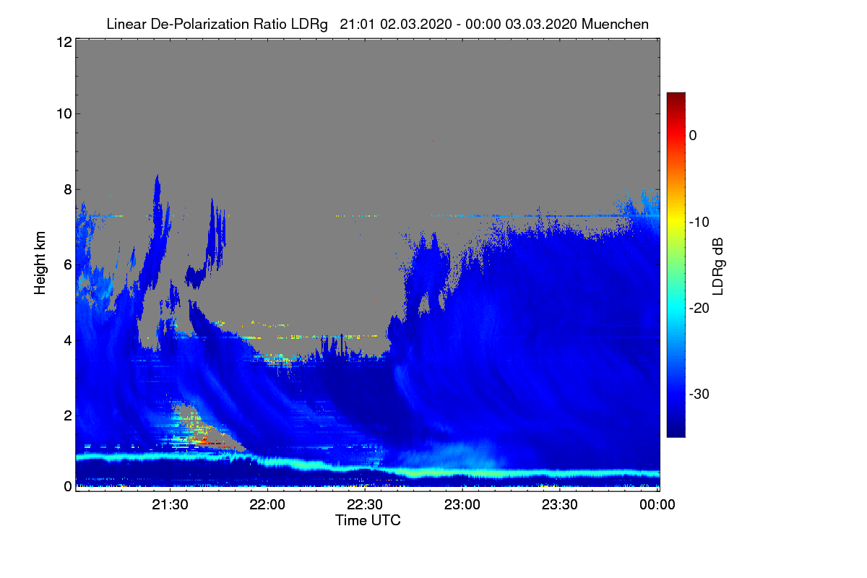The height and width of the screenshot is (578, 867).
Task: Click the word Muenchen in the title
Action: (x=615, y=24)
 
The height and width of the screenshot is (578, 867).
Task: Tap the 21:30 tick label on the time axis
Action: (x=170, y=504)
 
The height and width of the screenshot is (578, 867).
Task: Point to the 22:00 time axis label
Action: (x=267, y=504)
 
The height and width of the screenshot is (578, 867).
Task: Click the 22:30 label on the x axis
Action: (x=365, y=504)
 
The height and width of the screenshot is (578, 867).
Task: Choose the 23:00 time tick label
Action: (x=462, y=504)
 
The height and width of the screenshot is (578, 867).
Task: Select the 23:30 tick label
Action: (x=560, y=504)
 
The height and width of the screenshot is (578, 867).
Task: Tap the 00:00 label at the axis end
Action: (x=657, y=504)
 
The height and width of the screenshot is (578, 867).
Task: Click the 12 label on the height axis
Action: (x=64, y=42)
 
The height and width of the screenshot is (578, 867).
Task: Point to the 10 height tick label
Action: (x=64, y=114)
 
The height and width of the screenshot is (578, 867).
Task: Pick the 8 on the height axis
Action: (x=68, y=189)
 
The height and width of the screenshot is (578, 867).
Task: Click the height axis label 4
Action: (x=68, y=341)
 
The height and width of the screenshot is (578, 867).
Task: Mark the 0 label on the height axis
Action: (x=68, y=486)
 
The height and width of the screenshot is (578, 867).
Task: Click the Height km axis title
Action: (x=40, y=263)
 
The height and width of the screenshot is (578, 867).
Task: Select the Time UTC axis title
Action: (x=368, y=520)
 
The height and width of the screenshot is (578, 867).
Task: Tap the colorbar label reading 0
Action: (x=693, y=136)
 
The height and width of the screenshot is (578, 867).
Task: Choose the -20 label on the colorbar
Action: (x=699, y=309)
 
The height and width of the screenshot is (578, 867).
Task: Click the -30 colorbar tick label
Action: (x=699, y=394)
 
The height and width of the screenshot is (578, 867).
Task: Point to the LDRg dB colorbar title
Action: (x=718, y=267)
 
